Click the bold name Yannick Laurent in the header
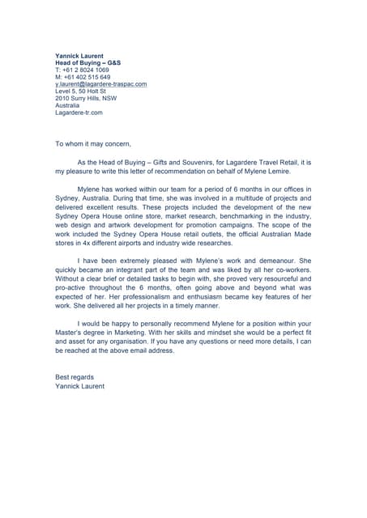coord(79,56)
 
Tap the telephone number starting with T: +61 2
coord(82,70)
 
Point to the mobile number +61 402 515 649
coord(83,78)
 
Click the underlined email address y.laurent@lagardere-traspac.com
coord(100,84)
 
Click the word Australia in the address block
coord(67,106)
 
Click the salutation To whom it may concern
coord(92,144)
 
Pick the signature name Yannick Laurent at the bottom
coord(79,386)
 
